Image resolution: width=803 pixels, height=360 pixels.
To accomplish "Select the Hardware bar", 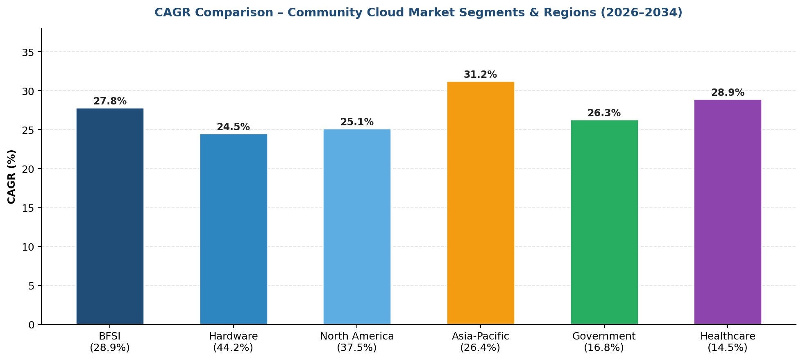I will pos(234,229).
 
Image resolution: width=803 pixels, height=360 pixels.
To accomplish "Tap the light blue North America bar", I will pos(357,227).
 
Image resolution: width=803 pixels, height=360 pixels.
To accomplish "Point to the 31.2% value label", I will pos(480,75).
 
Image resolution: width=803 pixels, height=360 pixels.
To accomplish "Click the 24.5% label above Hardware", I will pos(233,127).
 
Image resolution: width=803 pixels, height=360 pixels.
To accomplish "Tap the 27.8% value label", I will pos(110,102).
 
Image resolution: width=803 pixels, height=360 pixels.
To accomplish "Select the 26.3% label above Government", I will pos(604,113).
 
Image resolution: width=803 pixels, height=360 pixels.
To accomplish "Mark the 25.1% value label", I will pos(357,122).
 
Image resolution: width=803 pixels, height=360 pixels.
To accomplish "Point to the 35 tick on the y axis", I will pos(29,52).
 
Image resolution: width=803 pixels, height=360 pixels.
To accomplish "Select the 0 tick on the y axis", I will pos(32,325).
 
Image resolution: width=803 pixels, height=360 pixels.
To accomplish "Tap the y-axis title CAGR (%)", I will pos(11,177).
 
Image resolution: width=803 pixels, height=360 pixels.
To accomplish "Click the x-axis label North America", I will pos(357,336).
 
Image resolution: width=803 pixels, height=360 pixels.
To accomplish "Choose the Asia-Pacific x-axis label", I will pos(481,336).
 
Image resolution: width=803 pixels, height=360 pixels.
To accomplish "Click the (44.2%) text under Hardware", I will pos(233,348).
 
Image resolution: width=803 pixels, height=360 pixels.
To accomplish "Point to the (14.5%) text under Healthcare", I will pos(728,348).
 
